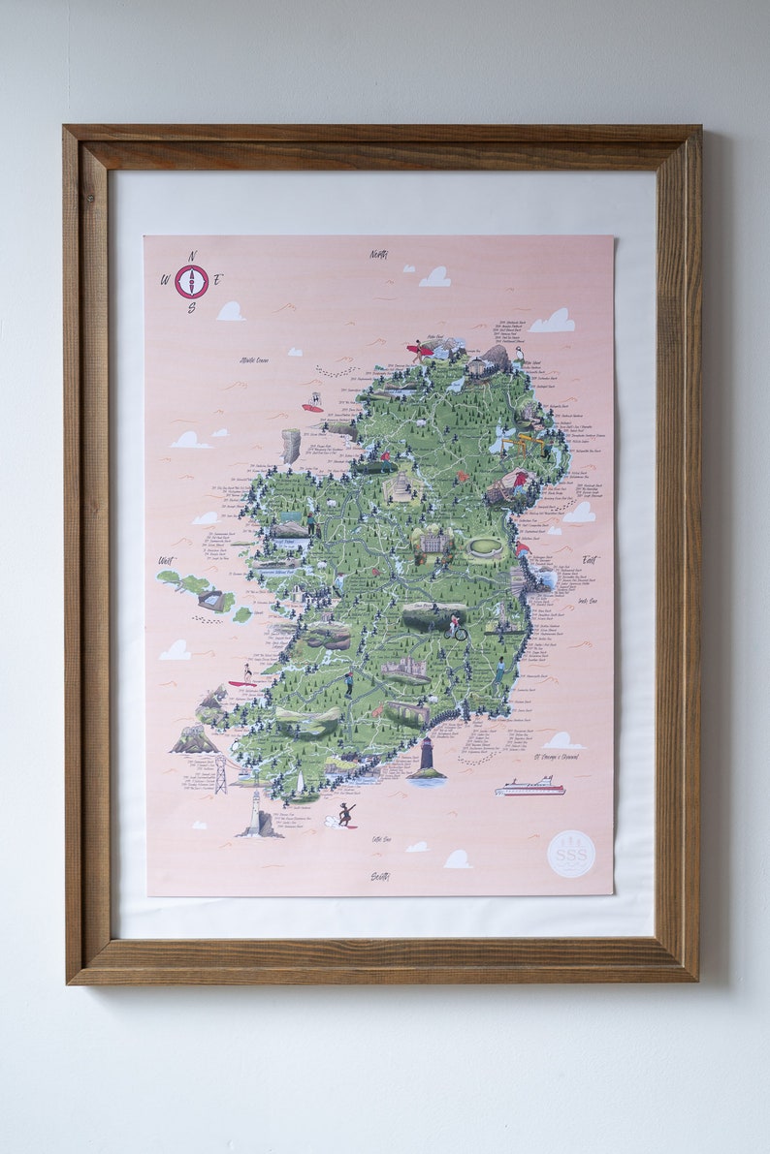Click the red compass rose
click(x=191, y=281)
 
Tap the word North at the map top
click(x=378, y=255)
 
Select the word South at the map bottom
click(x=379, y=876)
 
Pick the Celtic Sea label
click(x=381, y=839)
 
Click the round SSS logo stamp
click(x=571, y=854)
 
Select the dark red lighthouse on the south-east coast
click(x=426, y=759)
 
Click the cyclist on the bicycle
click(x=455, y=628)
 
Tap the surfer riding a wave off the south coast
click(x=344, y=814)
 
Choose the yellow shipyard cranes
click(x=529, y=445)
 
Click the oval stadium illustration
click(x=484, y=547)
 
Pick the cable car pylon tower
click(x=221, y=774)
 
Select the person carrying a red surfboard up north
click(x=420, y=351)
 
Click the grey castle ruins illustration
click(x=404, y=669)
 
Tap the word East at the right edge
click(x=591, y=560)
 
